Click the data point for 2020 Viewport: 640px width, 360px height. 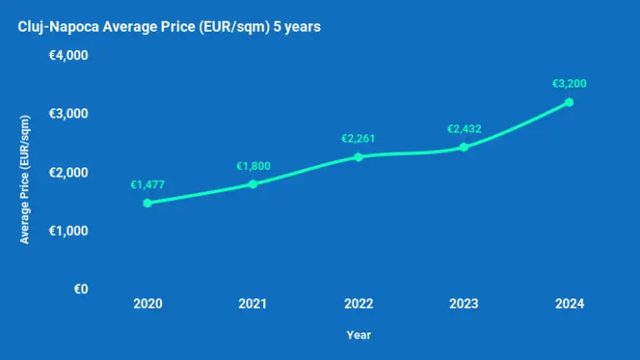pos(147,202)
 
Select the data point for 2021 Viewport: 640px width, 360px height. pos(252,183)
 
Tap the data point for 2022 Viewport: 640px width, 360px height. pos(358,157)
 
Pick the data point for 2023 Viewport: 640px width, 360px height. pos(464,147)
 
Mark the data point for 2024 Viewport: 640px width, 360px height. pos(569,102)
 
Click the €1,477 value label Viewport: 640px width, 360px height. pos(147,185)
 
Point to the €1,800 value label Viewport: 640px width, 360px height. pos(253,166)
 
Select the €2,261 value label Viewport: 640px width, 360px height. pos(358,138)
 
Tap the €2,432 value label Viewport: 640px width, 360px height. pos(464,128)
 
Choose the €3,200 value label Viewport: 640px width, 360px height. pos(569,83)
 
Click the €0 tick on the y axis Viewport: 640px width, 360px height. pos(81,289)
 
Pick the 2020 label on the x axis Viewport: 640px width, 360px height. pos(147,304)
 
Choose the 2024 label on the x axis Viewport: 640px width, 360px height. pos(569,304)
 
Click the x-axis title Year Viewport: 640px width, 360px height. pos(358,335)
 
